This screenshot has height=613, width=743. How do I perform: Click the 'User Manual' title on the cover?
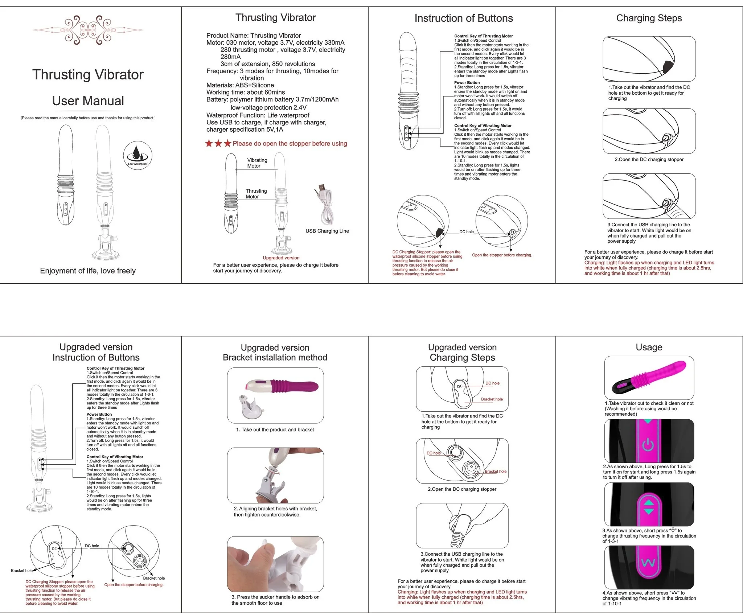[88, 100]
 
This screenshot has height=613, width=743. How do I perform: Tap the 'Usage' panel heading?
[649, 347]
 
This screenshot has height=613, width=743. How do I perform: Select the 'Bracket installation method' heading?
[275, 357]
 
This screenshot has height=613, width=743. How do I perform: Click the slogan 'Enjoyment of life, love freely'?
[88, 271]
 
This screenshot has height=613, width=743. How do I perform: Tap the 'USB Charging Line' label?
[327, 231]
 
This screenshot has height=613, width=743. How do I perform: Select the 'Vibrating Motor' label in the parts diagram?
[257, 163]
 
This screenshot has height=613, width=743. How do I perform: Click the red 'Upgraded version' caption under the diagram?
[281, 258]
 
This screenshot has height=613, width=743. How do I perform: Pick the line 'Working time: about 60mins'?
[246, 92]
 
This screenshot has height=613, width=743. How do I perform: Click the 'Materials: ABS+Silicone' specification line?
[240, 85]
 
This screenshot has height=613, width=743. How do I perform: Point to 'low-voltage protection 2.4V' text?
[268, 107]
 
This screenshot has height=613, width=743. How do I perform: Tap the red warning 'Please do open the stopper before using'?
[290, 144]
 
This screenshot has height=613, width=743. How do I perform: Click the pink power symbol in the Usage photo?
[648, 445]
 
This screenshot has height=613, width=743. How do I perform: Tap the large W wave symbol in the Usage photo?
[648, 563]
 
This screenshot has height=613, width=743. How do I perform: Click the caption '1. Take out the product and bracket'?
[275, 430]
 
